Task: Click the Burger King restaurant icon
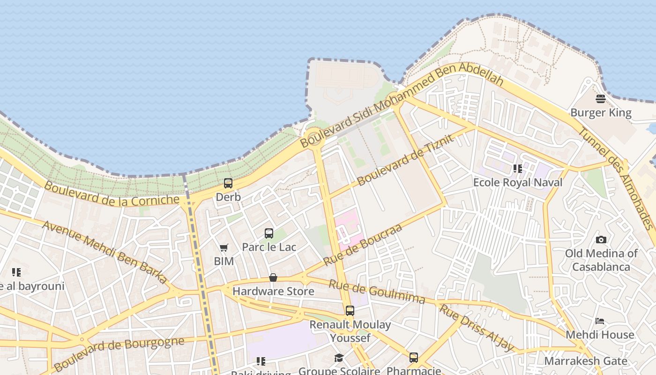pyautogui.click(x=601, y=99)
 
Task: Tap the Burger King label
pyautogui.click(x=601, y=113)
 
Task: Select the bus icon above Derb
pyautogui.click(x=228, y=183)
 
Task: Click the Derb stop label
pyautogui.click(x=228, y=197)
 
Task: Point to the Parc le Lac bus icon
pyautogui.click(x=269, y=233)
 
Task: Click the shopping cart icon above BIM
pyautogui.click(x=224, y=247)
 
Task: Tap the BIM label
pyautogui.click(x=224, y=261)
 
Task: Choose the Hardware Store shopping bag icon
pyautogui.click(x=273, y=278)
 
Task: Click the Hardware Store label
pyautogui.click(x=273, y=291)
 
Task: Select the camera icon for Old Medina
pyautogui.click(x=601, y=240)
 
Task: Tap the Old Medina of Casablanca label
pyautogui.click(x=601, y=260)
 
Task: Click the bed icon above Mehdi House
pyautogui.click(x=600, y=322)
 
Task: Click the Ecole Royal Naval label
pyautogui.click(x=518, y=182)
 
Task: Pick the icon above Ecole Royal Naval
pyautogui.click(x=518, y=168)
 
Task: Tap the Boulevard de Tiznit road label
pyautogui.click(x=406, y=159)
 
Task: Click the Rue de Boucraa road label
pyautogui.click(x=363, y=245)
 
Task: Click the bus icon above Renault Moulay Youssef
pyautogui.click(x=350, y=311)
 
